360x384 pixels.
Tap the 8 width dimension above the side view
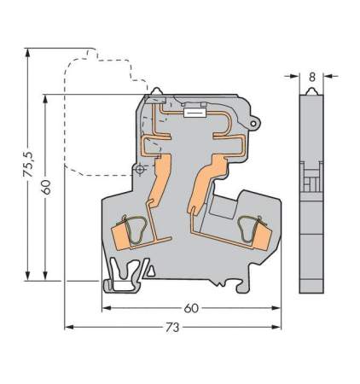click(312, 76)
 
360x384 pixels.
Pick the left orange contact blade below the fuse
click(158, 183)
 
